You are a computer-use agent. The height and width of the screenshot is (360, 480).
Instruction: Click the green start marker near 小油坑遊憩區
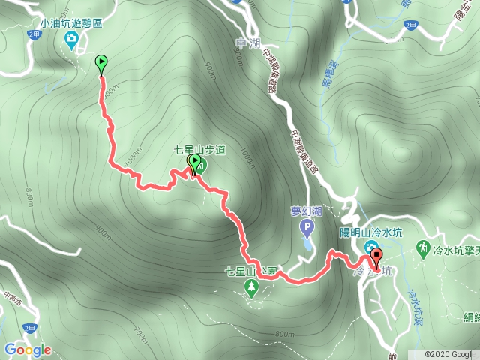point(101,63)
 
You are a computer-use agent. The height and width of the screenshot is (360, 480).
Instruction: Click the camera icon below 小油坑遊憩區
point(72,43)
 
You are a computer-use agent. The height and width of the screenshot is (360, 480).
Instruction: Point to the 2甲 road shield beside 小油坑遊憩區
point(33,35)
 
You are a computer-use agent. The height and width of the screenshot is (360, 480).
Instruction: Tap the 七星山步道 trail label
point(199,150)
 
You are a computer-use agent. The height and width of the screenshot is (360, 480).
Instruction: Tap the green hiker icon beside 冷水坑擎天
point(424,247)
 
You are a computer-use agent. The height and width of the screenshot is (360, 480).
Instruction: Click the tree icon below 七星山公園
point(252,286)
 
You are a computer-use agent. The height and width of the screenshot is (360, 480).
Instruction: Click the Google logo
point(27,349)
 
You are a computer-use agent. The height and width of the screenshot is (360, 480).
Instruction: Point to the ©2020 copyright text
point(448,353)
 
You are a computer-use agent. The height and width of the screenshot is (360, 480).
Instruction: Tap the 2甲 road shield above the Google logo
point(30,328)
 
